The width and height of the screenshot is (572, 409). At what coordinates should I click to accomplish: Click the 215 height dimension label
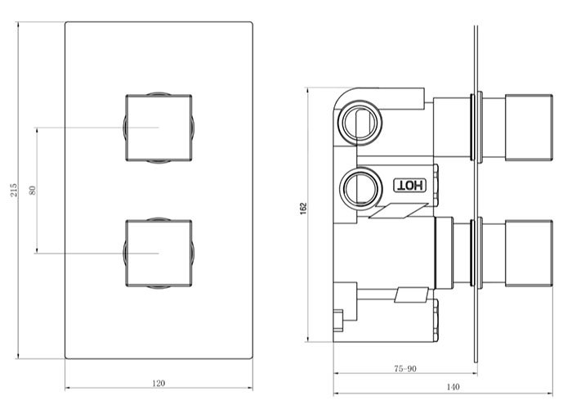pyautogui.click(x=13, y=191)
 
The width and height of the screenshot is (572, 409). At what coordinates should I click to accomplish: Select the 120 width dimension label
pyautogui.click(x=159, y=382)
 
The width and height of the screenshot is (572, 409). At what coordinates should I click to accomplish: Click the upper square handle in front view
pyautogui.click(x=159, y=128)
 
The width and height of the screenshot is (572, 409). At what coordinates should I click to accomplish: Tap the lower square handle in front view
pyautogui.click(x=159, y=253)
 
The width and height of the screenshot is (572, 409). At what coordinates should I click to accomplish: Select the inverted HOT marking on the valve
pyautogui.click(x=409, y=185)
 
